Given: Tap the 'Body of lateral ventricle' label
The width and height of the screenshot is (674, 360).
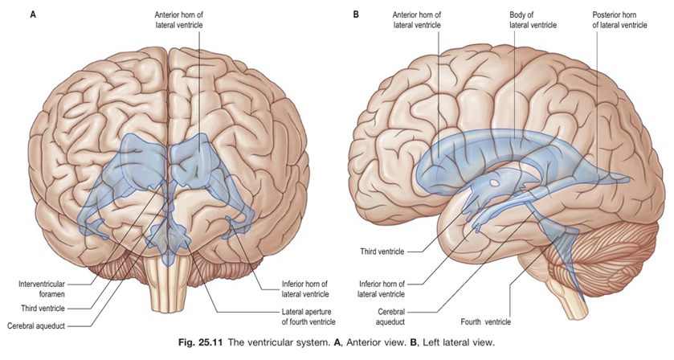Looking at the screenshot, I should [532, 19].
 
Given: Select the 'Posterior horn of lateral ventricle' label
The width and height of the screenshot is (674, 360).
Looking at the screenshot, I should [619, 19].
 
